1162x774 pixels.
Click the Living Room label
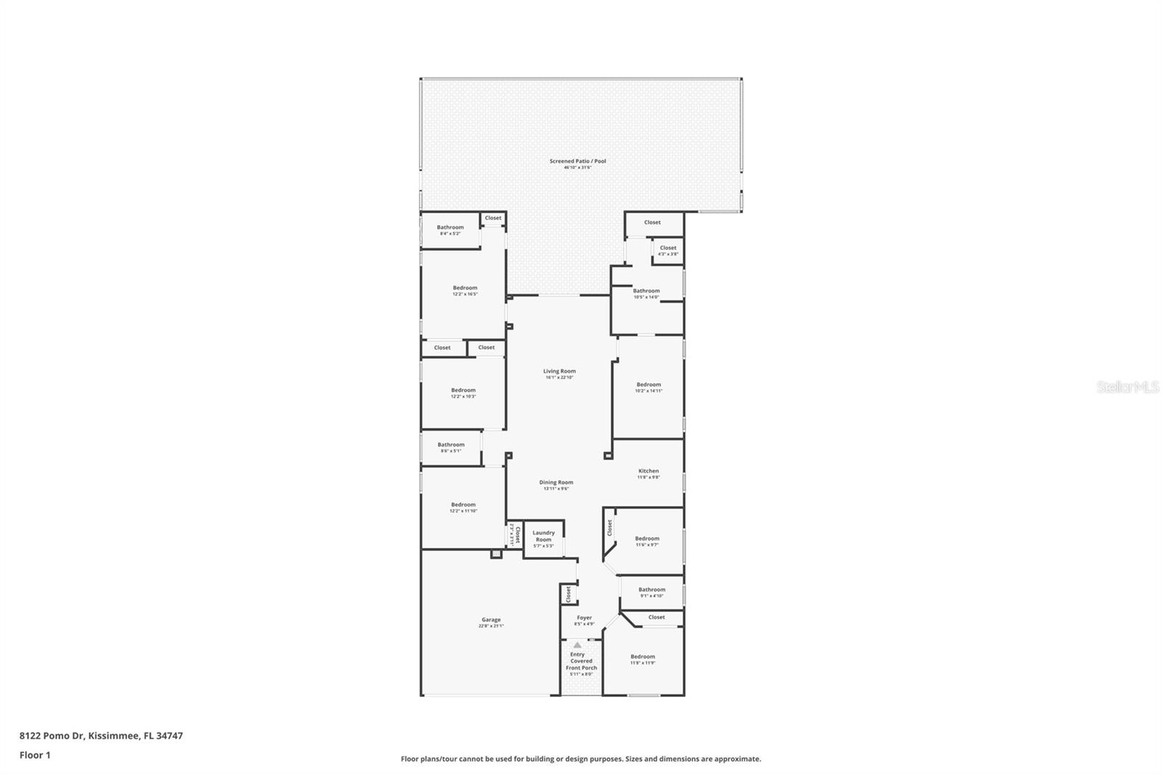pos(559,371)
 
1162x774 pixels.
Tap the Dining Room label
pos(556,482)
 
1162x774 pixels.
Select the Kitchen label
pos(649,471)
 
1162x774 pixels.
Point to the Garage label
pos(491,620)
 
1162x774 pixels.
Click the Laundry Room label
pos(543,536)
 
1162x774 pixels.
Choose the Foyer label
pos(584,618)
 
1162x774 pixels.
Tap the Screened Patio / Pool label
pos(577,161)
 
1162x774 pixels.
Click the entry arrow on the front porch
pos(577,645)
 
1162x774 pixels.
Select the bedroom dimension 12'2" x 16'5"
pos(465,294)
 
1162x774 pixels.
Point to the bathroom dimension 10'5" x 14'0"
pos(646,297)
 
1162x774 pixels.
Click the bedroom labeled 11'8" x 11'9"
pos(643,657)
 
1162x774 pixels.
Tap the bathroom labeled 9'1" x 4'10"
pos(651,590)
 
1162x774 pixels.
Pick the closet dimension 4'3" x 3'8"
pos(668,254)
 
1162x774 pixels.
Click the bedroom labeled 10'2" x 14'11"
pos(649,385)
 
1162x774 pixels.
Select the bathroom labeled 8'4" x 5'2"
pos(450,228)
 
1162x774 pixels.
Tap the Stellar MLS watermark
pos(1128,387)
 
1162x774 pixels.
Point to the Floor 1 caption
pos(35,755)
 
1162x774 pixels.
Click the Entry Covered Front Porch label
pos(581,661)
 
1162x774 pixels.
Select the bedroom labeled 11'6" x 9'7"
pos(647,539)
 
